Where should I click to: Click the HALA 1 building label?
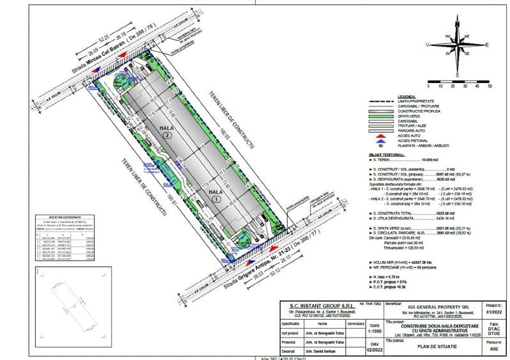point(215,194)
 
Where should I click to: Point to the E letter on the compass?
point(487,45)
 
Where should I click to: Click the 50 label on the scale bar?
point(489,84)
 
